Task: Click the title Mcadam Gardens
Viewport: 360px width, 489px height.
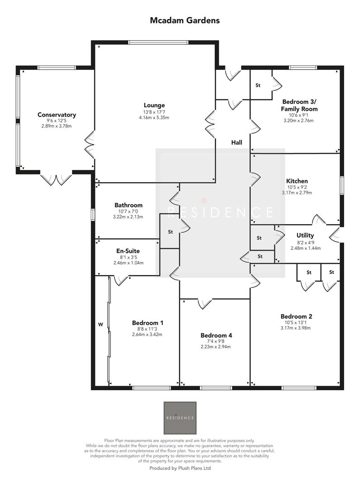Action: [185, 20]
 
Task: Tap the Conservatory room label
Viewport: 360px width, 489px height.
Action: [57, 115]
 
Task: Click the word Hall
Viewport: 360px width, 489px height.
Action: [236, 143]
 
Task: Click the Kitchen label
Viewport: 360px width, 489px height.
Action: [297, 181]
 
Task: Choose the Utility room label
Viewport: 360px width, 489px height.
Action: [305, 235]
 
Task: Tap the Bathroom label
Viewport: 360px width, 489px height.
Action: [128, 205]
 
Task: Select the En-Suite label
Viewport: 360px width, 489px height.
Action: [128, 251]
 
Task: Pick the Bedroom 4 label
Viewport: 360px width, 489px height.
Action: [216, 336]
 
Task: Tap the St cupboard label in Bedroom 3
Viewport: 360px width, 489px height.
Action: [259, 85]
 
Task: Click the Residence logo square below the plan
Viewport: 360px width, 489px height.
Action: [180, 417]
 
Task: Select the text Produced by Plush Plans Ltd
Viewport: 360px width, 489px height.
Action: [180, 468]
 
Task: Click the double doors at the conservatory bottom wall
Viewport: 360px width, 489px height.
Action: [56, 179]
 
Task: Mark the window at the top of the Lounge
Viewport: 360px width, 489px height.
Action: [158, 43]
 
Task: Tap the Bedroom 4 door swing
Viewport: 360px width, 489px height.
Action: [205, 304]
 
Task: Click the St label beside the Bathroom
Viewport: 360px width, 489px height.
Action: [170, 232]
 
